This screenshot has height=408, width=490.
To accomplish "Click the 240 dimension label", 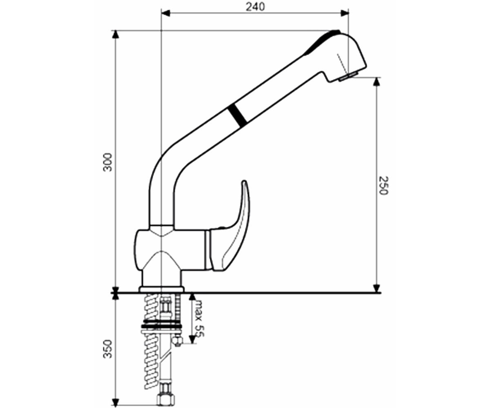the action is [x=255, y=7].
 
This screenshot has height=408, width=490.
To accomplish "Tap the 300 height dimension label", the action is [x=108, y=162].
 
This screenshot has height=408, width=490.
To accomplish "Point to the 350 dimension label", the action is [x=108, y=349].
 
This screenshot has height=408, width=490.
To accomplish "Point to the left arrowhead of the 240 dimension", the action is [x=166, y=13].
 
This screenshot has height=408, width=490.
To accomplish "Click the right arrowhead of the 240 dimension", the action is [x=345, y=13].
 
